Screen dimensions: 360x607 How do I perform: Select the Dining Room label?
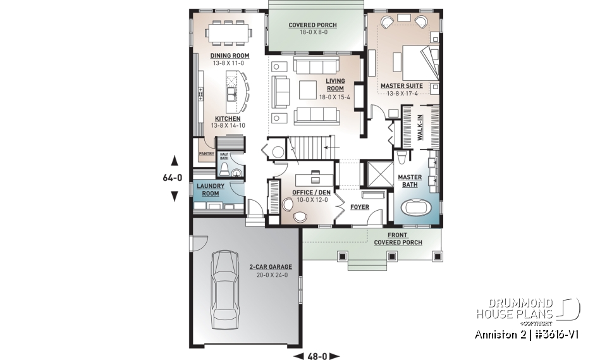coord(230,56)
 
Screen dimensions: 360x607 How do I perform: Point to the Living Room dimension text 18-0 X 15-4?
coord(335,97)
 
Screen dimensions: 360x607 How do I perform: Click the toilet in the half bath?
coord(223,170)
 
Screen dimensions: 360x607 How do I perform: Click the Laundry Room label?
coord(211,189)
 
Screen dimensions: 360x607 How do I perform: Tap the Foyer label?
coord(360,207)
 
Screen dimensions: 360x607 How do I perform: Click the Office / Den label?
coord(308,192)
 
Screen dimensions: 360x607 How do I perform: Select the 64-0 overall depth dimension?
coord(173,178)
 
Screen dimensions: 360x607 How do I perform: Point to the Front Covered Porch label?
coord(398,239)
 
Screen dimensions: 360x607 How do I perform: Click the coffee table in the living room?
coord(308,90)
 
